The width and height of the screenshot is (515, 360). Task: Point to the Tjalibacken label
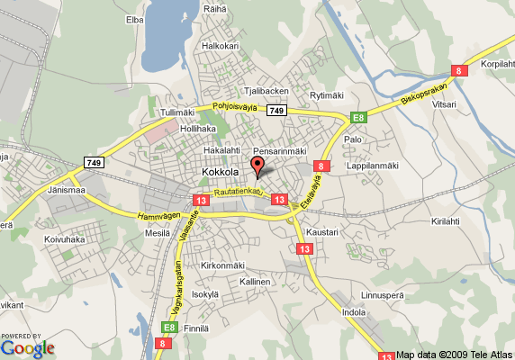(x=267, y=91)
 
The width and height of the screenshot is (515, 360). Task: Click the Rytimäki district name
(x=327, y=95)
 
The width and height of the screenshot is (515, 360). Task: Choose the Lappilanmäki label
(x=373, y=166)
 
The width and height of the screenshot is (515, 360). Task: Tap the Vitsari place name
(x=444, y=104)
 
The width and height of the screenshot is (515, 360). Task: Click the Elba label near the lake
(x=135, y=19)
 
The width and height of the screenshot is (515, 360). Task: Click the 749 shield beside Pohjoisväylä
(x=276, y=111)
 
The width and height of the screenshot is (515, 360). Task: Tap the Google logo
(x=27, y=346)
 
